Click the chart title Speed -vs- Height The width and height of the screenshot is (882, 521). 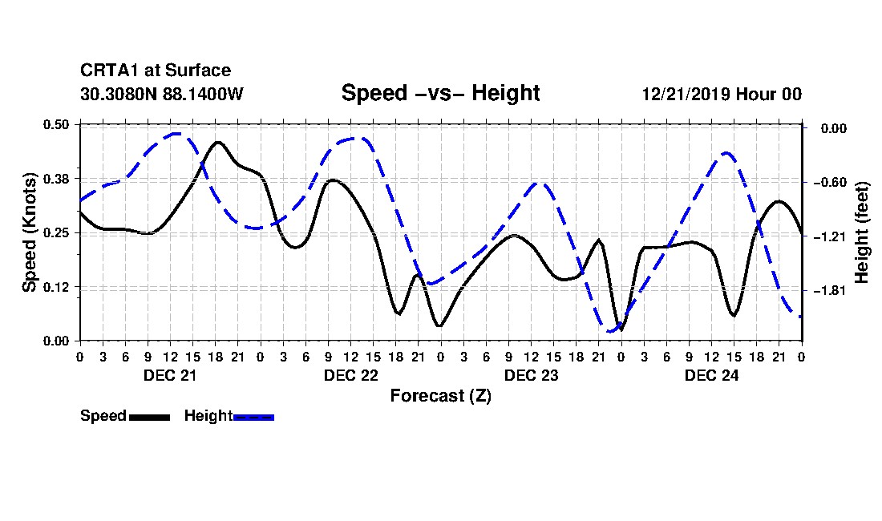coord(440,93)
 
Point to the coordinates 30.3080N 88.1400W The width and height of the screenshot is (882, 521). coord(162,94)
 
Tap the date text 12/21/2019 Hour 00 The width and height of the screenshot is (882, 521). coord(722,94)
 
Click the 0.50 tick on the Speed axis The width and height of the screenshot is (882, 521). coord(56,124)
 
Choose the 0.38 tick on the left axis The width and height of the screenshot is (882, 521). coord(56,179)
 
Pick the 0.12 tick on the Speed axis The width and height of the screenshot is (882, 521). coord(56,287)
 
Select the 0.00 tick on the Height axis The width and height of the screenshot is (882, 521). coord(834,129)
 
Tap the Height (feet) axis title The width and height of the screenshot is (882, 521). coord(861,232)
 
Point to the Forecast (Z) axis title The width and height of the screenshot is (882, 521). coord(441,396)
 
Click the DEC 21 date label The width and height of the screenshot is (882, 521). coord(170,375)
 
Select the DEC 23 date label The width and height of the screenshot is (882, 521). coord(531,375)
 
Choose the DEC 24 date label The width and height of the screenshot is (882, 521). coord(711,375)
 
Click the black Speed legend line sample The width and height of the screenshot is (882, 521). coord(150,417)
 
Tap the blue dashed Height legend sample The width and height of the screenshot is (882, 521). coord(253,417)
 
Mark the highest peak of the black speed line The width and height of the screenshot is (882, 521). coord(218,143)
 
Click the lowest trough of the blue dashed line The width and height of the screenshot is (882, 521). coord(611,331)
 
